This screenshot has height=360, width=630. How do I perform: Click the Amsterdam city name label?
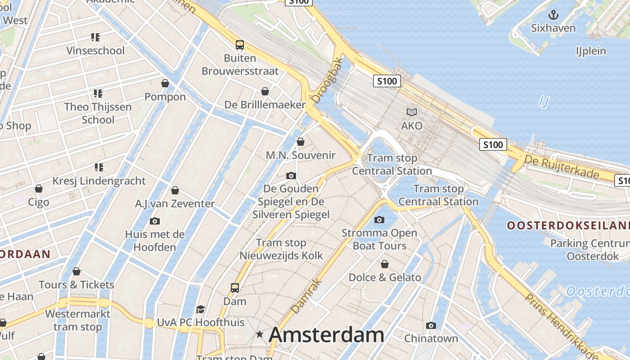click(326, 335)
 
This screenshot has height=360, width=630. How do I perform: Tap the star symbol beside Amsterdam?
click(260, 334)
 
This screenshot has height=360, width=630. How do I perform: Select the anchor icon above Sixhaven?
click(553, 15)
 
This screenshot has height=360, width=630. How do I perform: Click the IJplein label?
click(591, 51)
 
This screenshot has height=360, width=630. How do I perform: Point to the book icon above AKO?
click(411, 112)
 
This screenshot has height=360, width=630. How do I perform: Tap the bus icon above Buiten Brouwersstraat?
click(240, 45)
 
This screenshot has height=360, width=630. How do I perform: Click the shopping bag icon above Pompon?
click(165, 83)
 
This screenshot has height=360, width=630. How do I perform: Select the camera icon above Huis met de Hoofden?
click(154, 221)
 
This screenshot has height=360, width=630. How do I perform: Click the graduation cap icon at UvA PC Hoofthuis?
click(200, 309)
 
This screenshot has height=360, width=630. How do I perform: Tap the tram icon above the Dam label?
click(234, 288)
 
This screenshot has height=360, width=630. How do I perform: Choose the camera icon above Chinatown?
click(431, 325)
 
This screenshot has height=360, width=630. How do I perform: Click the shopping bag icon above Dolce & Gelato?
click(384, 264)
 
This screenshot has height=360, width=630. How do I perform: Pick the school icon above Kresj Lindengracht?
click(99, 167)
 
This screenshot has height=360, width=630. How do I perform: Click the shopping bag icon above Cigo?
click(39, 189)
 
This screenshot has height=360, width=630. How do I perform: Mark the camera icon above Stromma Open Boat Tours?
click(379, 220)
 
